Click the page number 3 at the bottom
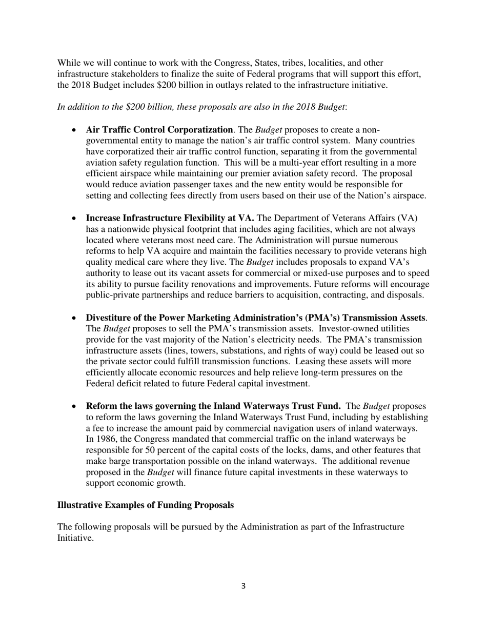point(243,586)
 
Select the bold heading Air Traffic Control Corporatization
point(159,129)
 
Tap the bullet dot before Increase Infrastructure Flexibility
point(75,218)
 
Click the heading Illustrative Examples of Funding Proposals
point(146,505)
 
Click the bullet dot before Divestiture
point(75,318)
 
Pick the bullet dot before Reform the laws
point(75,406)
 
